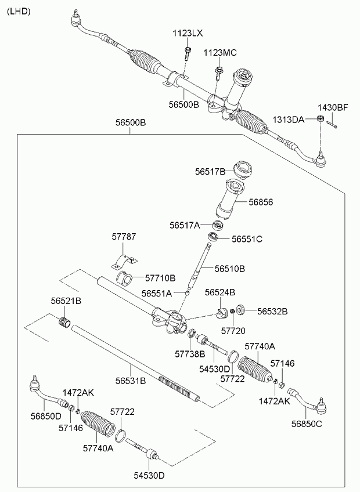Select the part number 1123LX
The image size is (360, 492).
pyautogui.click(x=187, y=34)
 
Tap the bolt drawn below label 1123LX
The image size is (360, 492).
pyautogui.click(x=188, y=54)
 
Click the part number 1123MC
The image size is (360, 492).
pyautogui.click(x=220, y=53)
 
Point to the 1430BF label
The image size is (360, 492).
pyautogui.click(x=332, y=107)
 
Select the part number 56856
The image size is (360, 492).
pyautogui.click(x=261, y=202)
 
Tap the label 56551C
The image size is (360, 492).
pyautogui.click(x=247, y=238)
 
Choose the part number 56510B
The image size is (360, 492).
pyautogui.click(x=229, y=269)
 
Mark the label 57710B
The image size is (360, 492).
pyautogui.click(x=160, y=278)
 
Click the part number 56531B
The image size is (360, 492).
pyautogui.click(x=130, y=381)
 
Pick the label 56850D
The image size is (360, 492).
pyautogui.click(x=46, y=415)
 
